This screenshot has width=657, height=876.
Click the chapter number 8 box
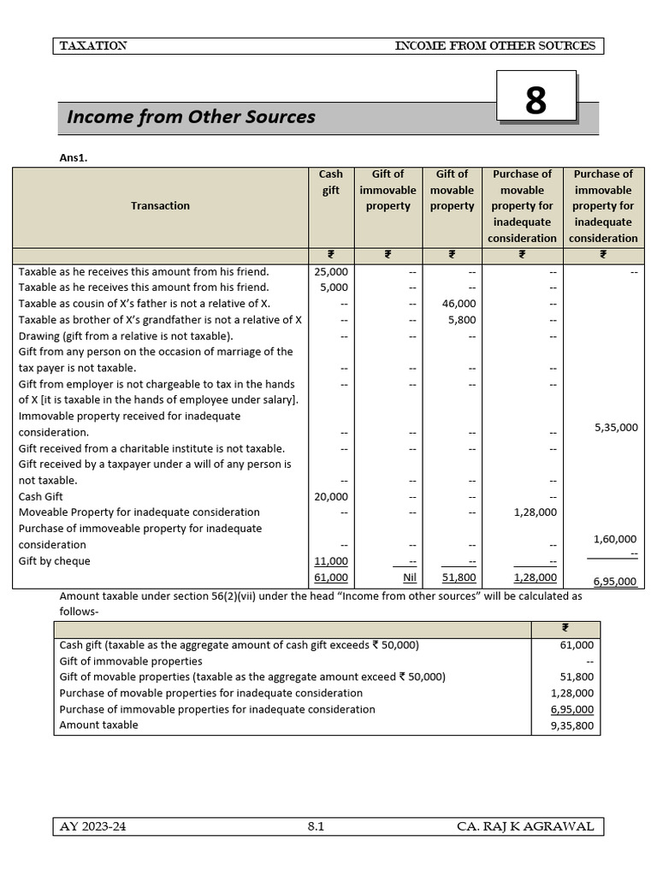point(536,100)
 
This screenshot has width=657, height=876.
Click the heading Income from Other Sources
point(191,117)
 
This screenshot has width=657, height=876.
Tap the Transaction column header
point(160,205)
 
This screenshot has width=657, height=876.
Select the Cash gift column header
point(331,181)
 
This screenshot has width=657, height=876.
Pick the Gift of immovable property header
point(388,190)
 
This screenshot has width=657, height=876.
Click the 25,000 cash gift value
point(331,271)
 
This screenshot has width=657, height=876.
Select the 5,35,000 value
point(615,427)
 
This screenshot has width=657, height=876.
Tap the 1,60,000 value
point(615,539)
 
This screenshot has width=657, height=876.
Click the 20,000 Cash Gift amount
point(331,496)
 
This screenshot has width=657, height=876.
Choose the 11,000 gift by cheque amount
point(331,561)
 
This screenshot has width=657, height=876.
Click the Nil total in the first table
point(408,578)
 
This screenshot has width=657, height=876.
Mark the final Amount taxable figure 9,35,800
point(576,725)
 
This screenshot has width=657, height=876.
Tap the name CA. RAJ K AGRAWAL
point(524,826)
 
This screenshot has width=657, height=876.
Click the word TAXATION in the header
point(94,46)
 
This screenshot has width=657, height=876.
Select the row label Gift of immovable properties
point(131,661)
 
